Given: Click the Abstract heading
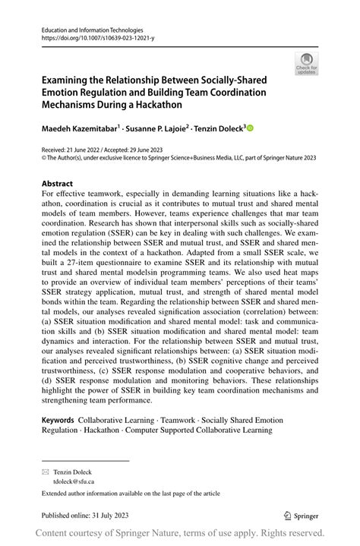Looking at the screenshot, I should (58, 184).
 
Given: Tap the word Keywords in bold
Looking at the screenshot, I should (57, 420).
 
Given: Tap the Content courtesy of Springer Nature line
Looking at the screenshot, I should (180, 534).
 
